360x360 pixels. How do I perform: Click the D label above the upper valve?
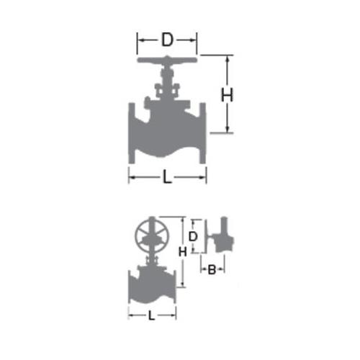pyautogui.click(x=167, y=40)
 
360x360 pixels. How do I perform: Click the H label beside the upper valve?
pyautogui.click(x=227, y=95)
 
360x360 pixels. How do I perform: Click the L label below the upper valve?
pyautogui.click(x=167, y=177)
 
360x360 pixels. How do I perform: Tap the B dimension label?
pyautogui.click(x=212, y=269)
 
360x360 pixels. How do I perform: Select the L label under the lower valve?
pyautogui.click(x=151, y=315)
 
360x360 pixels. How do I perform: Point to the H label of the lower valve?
pyautogui.click(x=182, y=252)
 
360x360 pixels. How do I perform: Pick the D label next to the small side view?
pyautogui.click(x=193, y=237)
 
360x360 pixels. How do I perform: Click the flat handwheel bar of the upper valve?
pyautogui.click(x=167, y=60)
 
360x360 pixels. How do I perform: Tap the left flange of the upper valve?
pyautogui.click(x=132, y=133)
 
